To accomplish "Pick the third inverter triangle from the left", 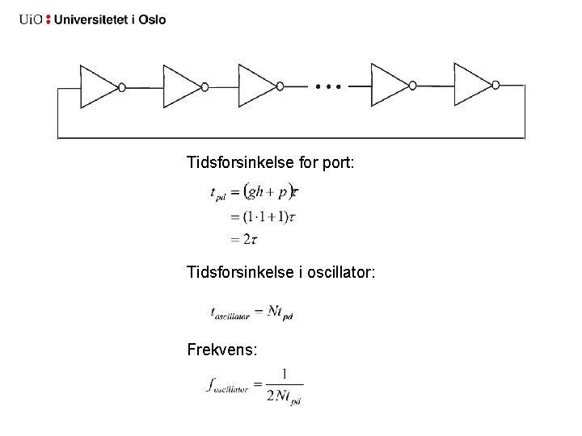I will click(256, 86).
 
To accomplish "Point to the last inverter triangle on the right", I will click(472, 86).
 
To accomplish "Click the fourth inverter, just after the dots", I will click(389, 86).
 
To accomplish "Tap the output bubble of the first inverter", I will click(122, 86).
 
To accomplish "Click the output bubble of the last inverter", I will click(496, 85).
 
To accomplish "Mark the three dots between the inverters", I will click(329, 85).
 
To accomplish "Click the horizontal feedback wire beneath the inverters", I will click(291, 139).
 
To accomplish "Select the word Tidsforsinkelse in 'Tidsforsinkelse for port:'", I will click(230, 163).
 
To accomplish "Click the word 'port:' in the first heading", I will click(337, 164).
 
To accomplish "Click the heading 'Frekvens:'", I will click(222, 350).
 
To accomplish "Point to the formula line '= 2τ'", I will click(243, 239).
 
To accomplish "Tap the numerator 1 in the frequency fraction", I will click(285, 374).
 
